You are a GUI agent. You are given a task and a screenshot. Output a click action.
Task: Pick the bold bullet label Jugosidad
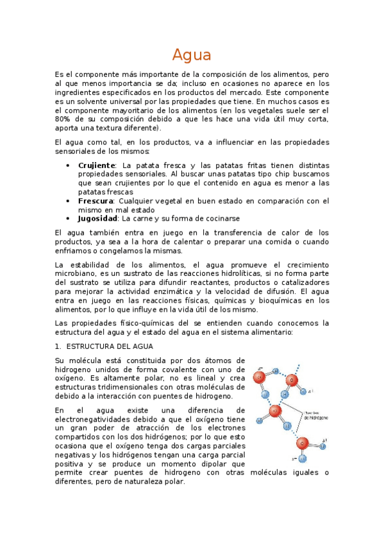(97, 218)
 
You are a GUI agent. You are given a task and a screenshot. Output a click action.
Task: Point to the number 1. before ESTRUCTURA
(58, 346)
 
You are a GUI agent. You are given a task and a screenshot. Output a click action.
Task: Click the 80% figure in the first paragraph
(63, 119)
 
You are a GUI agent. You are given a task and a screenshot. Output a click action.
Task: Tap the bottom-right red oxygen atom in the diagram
(303, 443)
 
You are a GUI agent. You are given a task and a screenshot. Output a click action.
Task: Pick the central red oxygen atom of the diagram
(276, 411)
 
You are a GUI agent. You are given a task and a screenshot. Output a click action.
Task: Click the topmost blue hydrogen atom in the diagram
(276, 370)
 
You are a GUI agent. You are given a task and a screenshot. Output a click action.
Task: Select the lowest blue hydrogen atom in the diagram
(304, 458)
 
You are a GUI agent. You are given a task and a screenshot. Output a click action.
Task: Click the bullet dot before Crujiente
(69, 165)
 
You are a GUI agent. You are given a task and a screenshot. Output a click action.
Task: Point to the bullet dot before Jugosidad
(69, 218)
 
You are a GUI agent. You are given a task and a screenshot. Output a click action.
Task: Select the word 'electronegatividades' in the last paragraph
(94, 419)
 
